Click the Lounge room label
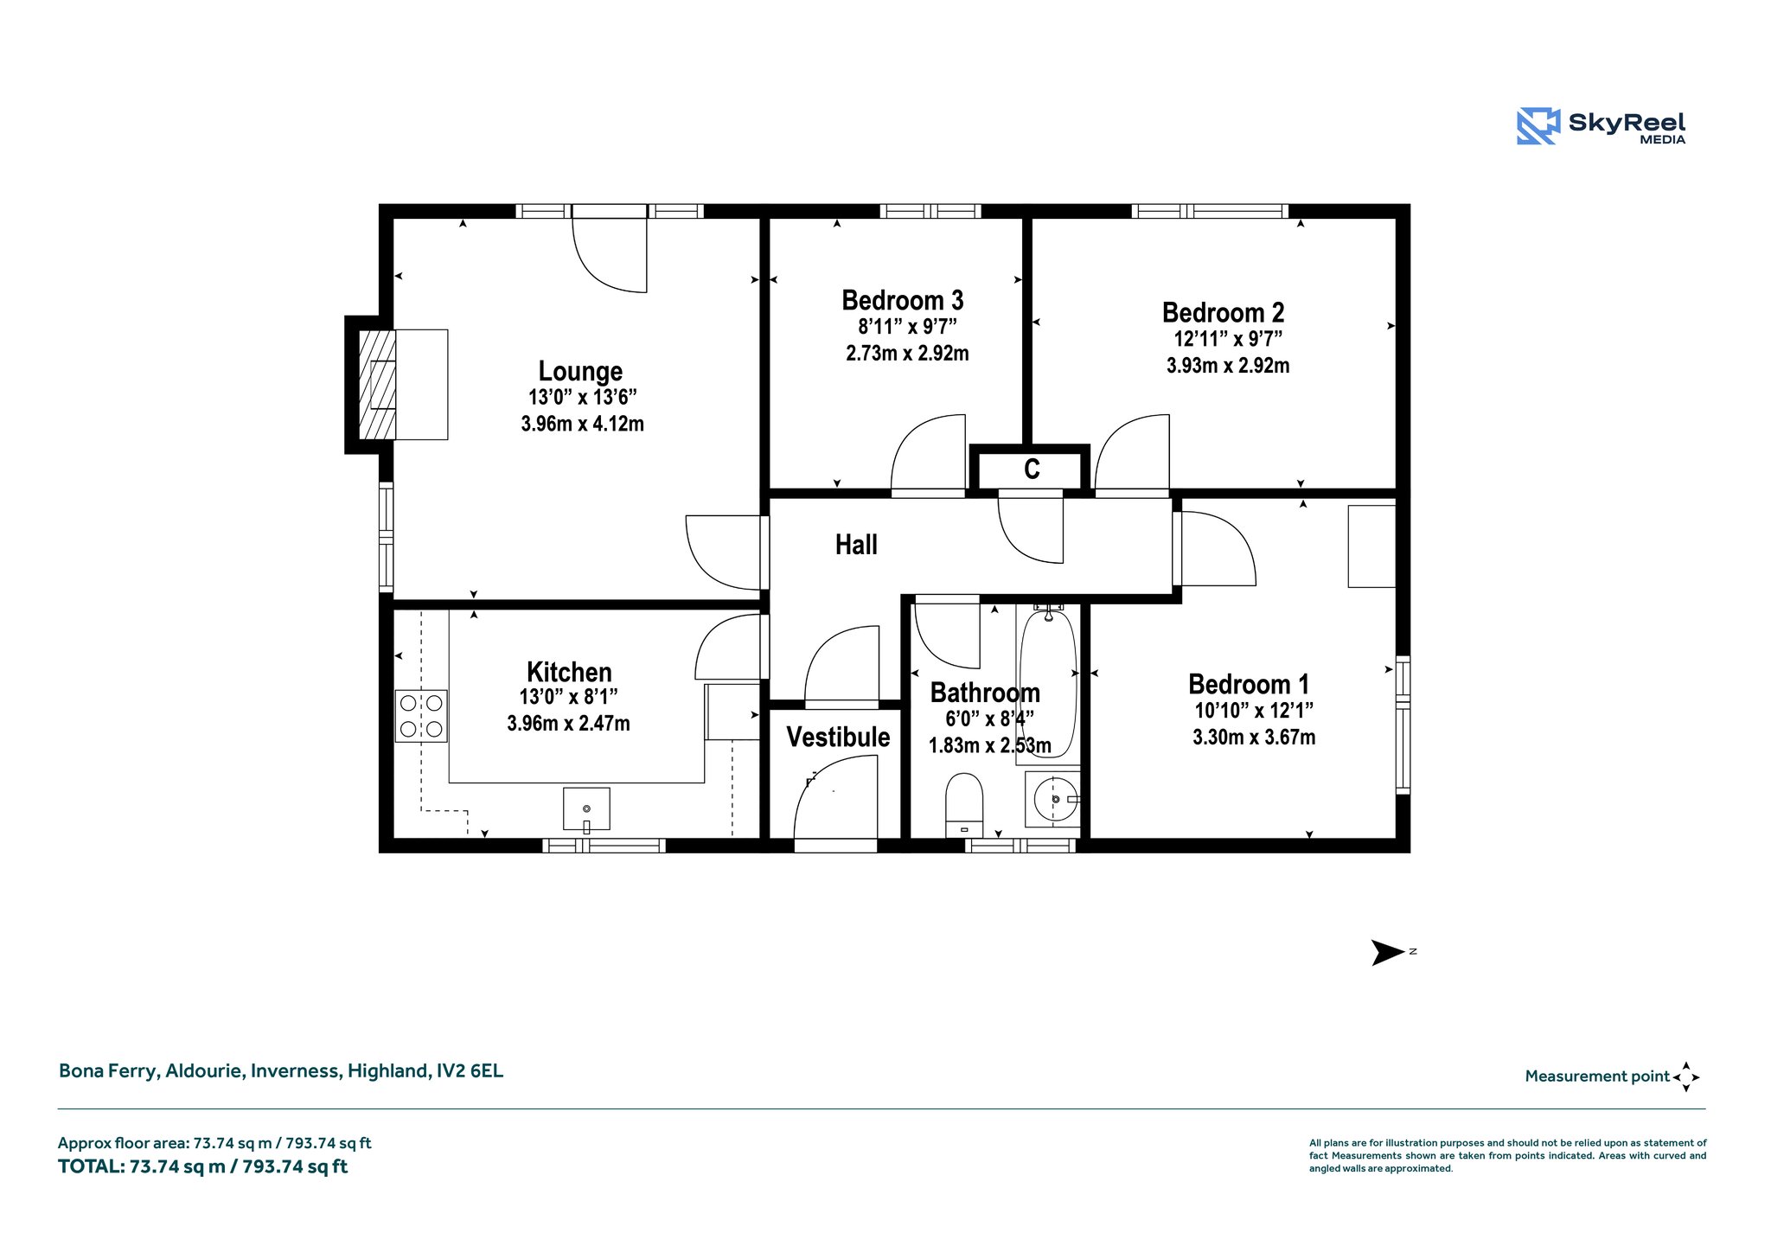580,371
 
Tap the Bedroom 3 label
903,300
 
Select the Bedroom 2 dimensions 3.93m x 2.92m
1228,365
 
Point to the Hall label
856,545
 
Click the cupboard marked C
1031,469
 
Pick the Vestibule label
838,737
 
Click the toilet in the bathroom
964,804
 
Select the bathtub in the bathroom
1048,683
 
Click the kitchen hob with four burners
421,716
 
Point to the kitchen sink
586,809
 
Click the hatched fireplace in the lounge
378,385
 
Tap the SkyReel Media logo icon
1538,125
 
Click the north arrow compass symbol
1389,952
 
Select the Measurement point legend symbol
1686,1076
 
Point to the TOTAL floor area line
202,1166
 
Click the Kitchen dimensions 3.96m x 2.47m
568,723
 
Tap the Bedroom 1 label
1249,684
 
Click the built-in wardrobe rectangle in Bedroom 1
1372,546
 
